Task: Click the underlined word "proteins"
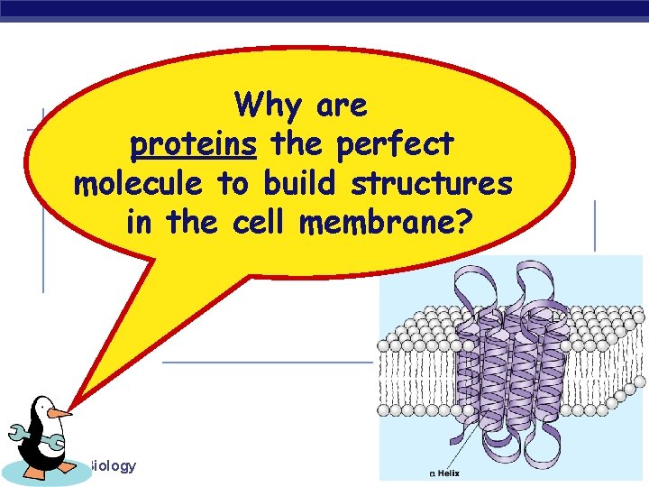point(194,144)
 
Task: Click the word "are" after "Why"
point(342,106)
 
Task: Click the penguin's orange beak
point(59,414)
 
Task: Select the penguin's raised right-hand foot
point(69,467)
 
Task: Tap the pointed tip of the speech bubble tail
point(74,403)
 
